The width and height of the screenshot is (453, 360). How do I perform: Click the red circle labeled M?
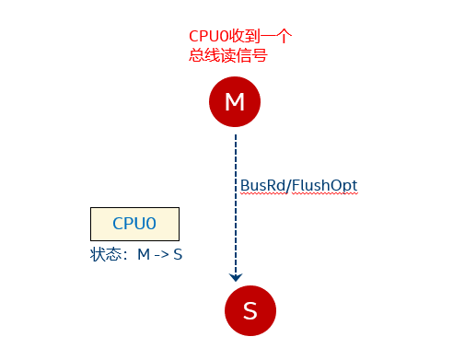coord(235,102)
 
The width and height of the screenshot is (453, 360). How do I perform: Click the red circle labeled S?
coord(250,310)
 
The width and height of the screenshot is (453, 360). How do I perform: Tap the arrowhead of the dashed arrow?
coord(236,275)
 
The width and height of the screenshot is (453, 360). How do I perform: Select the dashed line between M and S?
coord(236,203)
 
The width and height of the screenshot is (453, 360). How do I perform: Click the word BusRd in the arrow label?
coord(261,186)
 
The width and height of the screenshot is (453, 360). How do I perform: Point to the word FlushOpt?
coord(324,186)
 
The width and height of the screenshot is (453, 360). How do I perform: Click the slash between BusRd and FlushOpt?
coord(287,186)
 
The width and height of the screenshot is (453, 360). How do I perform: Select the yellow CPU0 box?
coord(134,224)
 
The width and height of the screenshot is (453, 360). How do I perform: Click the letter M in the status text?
coord(144,253)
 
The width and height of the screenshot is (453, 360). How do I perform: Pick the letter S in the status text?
coord(178,253)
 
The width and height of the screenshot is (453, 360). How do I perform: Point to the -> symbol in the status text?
coord(161,253)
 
